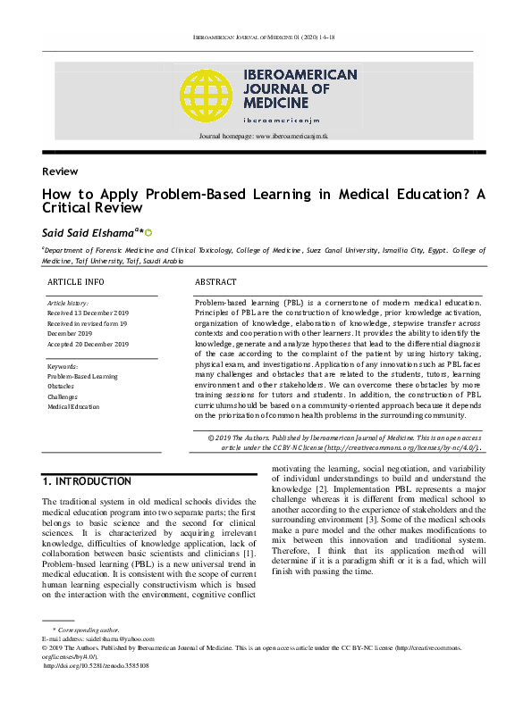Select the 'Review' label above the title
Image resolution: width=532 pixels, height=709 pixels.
[59, 171]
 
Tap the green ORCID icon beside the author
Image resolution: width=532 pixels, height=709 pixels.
[148, 232]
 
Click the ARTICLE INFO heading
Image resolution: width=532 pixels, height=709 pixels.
[75, 281]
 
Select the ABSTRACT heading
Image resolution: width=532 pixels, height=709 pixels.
[215, 281]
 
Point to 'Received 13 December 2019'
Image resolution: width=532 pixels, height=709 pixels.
[88, 314]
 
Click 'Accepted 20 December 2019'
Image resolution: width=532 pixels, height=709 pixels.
[88, 344]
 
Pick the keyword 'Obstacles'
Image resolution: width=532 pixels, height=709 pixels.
[61, 387]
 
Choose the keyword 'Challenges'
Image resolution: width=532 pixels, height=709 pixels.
[63, 396]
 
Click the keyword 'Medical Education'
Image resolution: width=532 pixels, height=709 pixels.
[74, 407]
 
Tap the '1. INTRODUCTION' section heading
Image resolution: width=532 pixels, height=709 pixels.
[87, 481]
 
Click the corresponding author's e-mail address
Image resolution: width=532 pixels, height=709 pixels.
[115, 639]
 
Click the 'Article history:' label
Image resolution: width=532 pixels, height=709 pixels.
[67, 304]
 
